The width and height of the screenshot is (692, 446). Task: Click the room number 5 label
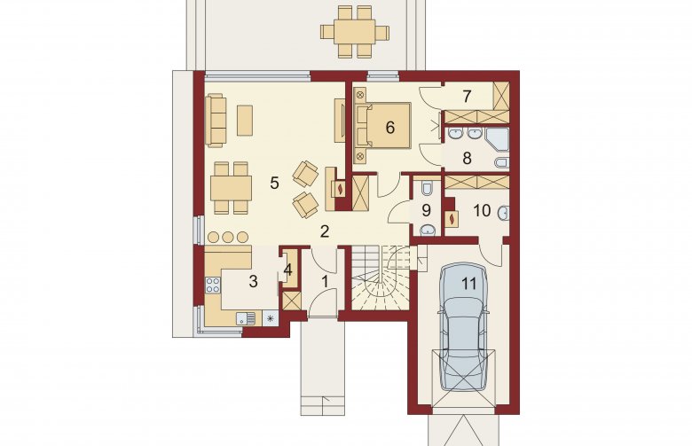(274, 183)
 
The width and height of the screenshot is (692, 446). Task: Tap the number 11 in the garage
(469, 284)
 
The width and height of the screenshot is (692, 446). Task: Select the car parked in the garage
(463, 326)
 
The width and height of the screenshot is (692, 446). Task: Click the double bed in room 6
(383, 125)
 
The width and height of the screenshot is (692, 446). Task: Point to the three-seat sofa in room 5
(216, 120)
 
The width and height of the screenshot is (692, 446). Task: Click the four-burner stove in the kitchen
(213, 285)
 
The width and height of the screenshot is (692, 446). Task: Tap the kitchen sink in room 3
(246, 318)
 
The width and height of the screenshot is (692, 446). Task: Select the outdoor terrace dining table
(355, 32)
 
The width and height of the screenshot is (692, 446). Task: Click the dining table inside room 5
(231, 188)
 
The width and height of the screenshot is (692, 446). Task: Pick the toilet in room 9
(427, 188)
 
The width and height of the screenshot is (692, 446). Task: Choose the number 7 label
(468, 96)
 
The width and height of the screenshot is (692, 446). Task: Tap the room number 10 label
(482, 211)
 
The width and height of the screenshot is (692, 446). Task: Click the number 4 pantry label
(287, 270)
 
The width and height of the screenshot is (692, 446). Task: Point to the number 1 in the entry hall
(326, 281)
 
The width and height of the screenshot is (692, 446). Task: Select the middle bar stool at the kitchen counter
(228, 237)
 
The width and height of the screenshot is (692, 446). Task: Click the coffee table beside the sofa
(245, 120)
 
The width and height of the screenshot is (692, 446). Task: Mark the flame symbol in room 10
(452, 219)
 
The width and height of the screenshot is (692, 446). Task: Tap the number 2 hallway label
(325, 231)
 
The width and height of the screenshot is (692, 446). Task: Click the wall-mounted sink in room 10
(504, 214)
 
